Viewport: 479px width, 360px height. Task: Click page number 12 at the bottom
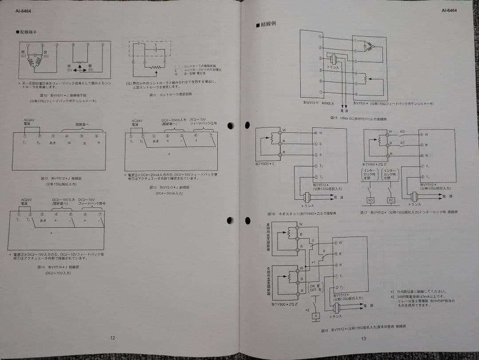[x=113, y=338]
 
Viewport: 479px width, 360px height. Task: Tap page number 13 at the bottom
[x=364, y=340]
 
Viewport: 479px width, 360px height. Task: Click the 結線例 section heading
[x=267, y=24]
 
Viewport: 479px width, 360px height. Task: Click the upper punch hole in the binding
[x=230, y=126]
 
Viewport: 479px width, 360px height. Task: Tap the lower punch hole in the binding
[x=230, y=220]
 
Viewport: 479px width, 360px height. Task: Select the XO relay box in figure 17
[x=370, y=200]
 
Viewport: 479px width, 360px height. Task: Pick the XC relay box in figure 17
[x=391, y=200]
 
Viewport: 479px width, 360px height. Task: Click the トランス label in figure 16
[x=307, y=206]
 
